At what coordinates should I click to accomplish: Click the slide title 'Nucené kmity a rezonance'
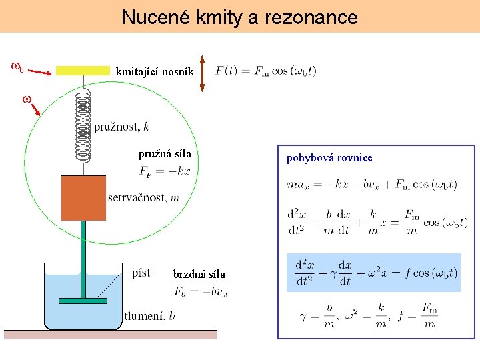239,17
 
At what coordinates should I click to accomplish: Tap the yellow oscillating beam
83,70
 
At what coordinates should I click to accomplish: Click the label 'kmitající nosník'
155,71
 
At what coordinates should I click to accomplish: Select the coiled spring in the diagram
83,125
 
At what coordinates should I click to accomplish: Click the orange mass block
83,198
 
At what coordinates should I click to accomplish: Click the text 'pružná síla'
165,154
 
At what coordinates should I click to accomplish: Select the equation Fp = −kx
165,171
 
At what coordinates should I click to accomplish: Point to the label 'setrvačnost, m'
143,197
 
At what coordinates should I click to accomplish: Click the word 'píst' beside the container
141,273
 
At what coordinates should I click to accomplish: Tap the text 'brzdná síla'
199,274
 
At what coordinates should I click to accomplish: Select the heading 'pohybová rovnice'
329,158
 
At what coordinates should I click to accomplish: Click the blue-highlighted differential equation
373,273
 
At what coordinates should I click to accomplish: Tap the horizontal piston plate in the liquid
83,301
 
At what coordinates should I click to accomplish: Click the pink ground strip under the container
111,335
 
